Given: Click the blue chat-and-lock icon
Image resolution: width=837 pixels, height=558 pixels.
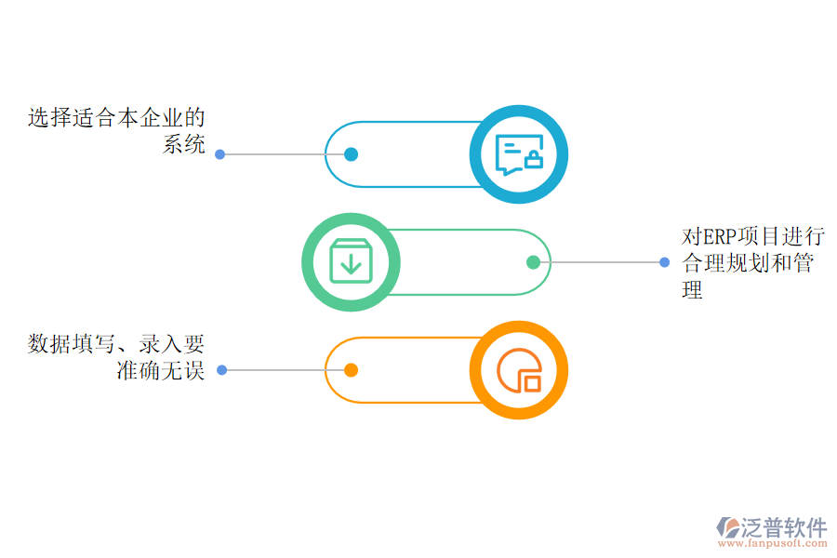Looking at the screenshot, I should pyautogui.click(x=518, y=154).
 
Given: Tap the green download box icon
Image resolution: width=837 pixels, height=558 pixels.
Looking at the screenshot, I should pyautogui.click(x=351, y=262).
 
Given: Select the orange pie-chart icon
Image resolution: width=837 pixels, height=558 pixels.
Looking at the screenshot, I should pyautogui.click(x=518, y=370).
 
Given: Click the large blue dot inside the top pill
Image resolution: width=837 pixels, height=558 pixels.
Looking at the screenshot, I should pyautogui.click(x=351, y=154).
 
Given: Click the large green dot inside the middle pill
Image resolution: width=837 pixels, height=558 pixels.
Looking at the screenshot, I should pyautogui.click(x=533, y=262).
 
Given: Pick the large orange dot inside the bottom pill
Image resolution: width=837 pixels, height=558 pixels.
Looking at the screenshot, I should pyautogui.click(x=351, y=370).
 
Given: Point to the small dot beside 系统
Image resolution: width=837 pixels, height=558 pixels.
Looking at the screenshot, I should pyautogui.click(x=220, y=154).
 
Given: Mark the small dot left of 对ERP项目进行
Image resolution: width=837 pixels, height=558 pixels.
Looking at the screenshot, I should pyautogui.click(x=664, y=262).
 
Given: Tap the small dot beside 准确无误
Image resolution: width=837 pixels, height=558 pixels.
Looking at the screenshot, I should pyautogui.click(x=222, y=370).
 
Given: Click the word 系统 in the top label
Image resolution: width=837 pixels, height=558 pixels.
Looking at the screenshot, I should pyautogui.click(x=184, y=144).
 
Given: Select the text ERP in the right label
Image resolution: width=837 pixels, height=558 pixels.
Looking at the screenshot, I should pyautogui.click(x=719, y=236).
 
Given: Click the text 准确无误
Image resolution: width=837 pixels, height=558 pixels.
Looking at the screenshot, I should pyautogui.click(x=160, y=371).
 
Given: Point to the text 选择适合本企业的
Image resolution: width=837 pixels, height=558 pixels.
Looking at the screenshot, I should pyautogui.click(x=116, y=118).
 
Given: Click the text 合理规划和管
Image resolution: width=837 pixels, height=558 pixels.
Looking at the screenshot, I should pyautogui.click(x=748, y=263).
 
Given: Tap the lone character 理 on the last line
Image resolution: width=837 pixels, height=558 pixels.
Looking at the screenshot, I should pyautogui.click(x=693, y=290).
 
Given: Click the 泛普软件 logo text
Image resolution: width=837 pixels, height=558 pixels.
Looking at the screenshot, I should pyautogui.click(x=784, y=527).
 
